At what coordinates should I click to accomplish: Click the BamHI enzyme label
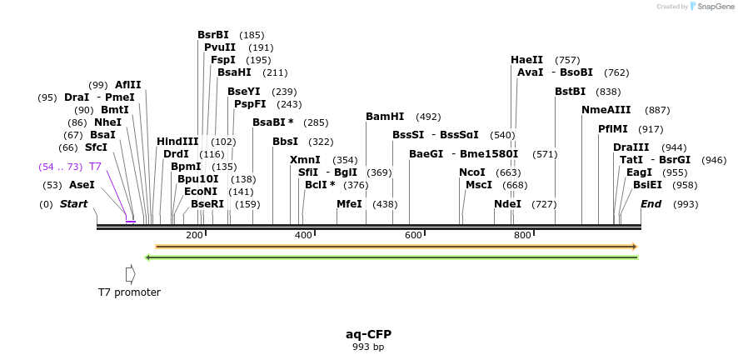point(385,117)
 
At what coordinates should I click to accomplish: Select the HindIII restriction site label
point(177,142)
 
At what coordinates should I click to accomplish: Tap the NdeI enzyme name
point(507,204)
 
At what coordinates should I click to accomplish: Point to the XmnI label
point(305,160)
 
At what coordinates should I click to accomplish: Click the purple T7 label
point(96,167)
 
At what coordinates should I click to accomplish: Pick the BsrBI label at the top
point(213,35)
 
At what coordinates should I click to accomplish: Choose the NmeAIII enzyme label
point(606,110)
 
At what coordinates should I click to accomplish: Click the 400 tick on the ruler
point(304,235)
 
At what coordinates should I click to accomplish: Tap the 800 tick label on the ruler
point(522,235)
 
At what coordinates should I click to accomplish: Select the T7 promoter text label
point(129,292)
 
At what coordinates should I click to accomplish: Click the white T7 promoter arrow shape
point(130,273)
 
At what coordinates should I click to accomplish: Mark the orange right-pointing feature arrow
point(396,247)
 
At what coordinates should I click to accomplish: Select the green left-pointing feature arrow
point(391,257)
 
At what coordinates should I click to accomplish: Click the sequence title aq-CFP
point(368,334)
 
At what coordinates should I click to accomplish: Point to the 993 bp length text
point(368,347)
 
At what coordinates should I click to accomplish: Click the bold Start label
point(73,204)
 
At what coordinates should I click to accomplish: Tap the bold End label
point(651,204)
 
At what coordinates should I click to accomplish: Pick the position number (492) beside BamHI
point(428,117)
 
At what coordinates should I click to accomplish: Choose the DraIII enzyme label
point(631,147)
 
